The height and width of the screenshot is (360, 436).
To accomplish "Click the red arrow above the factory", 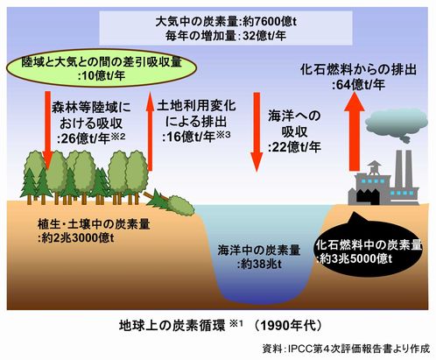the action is pyautogui.click(x=355, y=131).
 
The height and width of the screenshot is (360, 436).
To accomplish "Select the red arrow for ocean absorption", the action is pyautogui.click(x=257, y=132).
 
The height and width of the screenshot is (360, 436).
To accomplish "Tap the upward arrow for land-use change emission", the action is pyautogui.click(x=150, y=131).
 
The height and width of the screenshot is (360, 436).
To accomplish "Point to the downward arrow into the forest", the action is pyautogui.click(x=47, y=131).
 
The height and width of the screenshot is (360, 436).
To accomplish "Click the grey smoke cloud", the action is pyautogui.click(x=397, y=125).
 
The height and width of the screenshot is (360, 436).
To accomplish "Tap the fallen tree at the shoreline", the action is pyautogui.click(x=170, y=202).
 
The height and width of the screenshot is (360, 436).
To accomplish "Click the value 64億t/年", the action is pyautogui.click(x=358, y=85).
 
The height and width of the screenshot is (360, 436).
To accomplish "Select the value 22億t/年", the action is pyautogui.click(x=294, y=147).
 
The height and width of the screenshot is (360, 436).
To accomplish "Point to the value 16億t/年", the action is pyautogui.click(x=189, y=137).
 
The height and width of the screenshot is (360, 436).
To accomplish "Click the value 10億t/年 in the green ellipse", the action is pyautogui.click(x=102, y=76).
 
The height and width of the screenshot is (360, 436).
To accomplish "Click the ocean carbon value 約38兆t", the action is pyautogui.click(x=259, y=265).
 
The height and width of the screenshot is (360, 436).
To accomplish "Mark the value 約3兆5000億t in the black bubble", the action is pyautogui.click(x=355, y=258).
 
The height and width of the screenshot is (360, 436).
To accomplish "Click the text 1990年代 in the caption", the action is pyautogui.click(x=288, y=325).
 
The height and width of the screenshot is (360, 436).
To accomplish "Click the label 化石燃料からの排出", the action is pyautogui.click(x=358, y=70).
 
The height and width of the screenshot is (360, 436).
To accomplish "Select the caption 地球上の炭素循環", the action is pyautogui.click(x=172, y=325).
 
